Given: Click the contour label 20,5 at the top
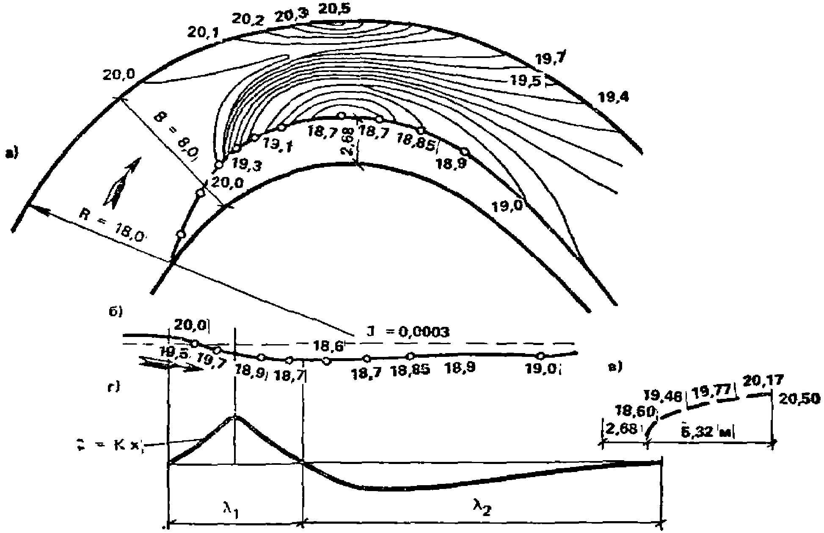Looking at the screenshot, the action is point(334,9).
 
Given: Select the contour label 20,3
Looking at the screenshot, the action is point(292,16).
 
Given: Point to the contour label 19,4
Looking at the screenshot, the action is point(614,98).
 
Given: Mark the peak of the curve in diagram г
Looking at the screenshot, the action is point(235,417).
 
